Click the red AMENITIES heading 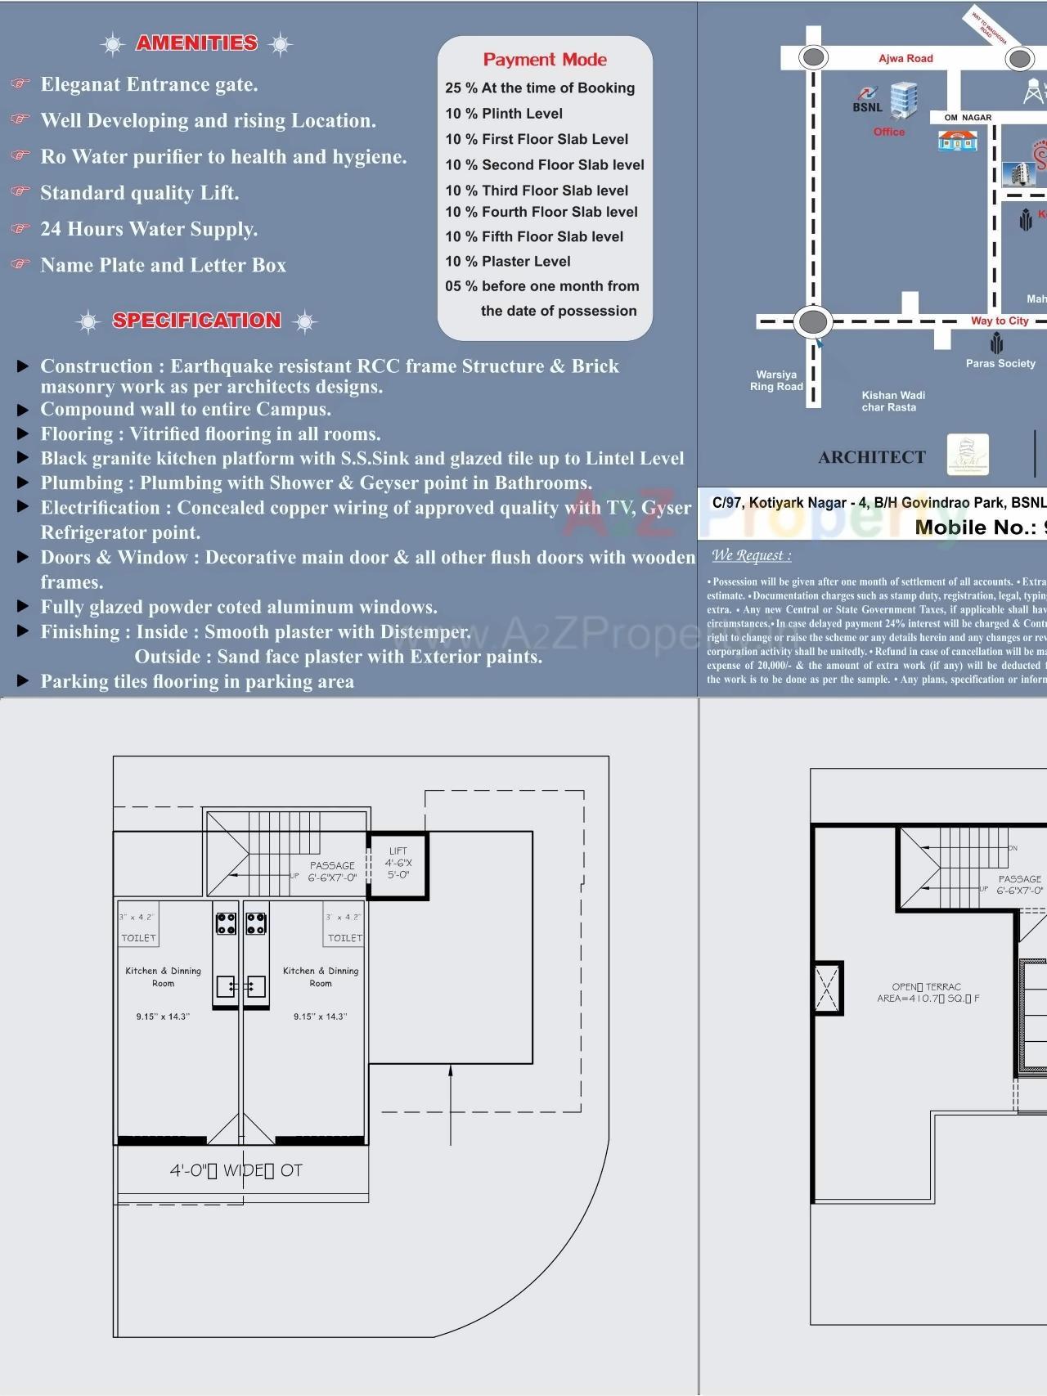click(x=196, y=43)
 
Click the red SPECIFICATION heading click(x=196, y=321)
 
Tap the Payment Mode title click(x=545, y=60)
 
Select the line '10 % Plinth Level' click(x=504, y=114)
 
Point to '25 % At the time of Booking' click(x=540, y=88)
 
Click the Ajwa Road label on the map click(x=905, y=59)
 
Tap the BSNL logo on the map click(x=868, y=100)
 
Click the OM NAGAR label click(x=968, y=118)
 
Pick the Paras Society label click(x=1000, y=363)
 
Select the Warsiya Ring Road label click(x=776, y=381)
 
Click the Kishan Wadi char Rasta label click(x=892, y=402)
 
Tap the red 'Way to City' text click(x=1000, y=321)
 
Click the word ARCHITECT click(x=872, y=457)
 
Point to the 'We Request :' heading click(x=751, y=556)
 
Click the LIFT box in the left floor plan click(x=398, y=864)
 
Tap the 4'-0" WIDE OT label click(x=236, y=1171)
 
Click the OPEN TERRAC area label click(x=928, y=993)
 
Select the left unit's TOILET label click(x=138, y=938)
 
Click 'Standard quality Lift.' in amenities click(x=140, y=193)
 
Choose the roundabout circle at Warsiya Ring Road click(x=812, y=321)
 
